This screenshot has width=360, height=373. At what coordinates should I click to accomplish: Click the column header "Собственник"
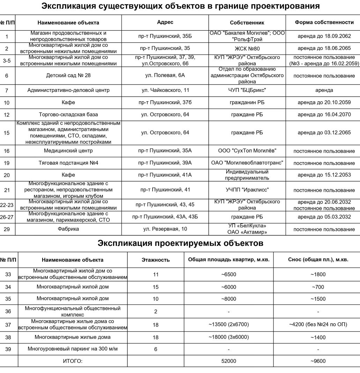pos(247,23)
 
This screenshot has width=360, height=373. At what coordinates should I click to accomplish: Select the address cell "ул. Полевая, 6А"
pos(165,75)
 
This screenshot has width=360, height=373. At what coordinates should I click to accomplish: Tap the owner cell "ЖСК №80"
pos(247,49)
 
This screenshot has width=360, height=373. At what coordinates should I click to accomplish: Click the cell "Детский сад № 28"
pos(68,75)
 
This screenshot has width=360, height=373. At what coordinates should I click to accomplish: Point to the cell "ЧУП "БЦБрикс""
pos(247,90)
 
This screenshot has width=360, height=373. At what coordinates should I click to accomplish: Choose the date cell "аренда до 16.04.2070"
pos(324,115)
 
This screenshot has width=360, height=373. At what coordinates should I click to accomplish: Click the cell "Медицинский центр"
pos(68,151)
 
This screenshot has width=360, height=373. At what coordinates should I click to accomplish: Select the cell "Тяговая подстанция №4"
pos(68,163)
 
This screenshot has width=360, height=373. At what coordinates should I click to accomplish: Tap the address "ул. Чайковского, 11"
pos(165,90)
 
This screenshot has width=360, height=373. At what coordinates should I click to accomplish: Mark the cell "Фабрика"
pos(68,229)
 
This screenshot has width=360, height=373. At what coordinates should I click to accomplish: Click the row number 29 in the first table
pos(7,229)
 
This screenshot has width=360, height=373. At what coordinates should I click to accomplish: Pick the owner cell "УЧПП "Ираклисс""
pos(247,190)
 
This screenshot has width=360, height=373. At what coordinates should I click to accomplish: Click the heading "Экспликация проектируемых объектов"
pos(180,243)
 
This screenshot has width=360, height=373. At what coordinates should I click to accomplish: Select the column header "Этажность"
pos(156,260)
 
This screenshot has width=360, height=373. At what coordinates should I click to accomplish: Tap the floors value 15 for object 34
pos(156,287)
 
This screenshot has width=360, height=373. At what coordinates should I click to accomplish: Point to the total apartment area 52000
pos(229,361)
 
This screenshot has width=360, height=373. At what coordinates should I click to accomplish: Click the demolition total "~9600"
pos(318,361)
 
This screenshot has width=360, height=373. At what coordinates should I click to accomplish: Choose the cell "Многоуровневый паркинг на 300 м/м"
pos(73,349)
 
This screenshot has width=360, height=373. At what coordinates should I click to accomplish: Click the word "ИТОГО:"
pos(73,361)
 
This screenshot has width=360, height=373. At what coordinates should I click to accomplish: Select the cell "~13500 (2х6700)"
pos(229,324)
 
